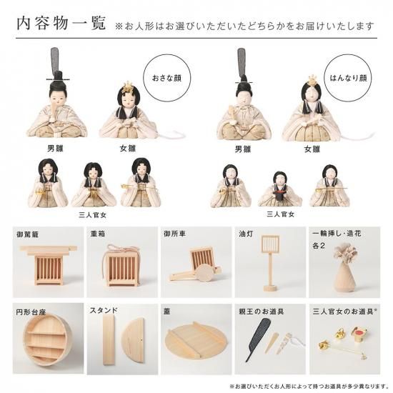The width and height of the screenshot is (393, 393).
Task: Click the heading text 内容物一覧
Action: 61,24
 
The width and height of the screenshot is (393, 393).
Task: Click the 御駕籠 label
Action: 28,234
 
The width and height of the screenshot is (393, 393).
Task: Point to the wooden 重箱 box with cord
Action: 121,266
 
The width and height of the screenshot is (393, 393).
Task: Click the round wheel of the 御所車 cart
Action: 204,273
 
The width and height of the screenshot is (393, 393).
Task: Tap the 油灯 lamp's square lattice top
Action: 270,244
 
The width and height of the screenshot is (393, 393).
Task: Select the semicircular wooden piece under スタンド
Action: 134,340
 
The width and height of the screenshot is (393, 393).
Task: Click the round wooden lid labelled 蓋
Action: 196,342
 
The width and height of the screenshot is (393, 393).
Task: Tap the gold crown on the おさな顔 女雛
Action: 127,87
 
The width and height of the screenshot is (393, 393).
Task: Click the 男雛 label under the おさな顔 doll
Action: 56,149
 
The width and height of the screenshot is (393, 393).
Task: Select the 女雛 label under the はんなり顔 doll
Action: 312,149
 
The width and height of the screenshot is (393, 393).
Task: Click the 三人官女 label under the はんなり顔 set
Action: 281,214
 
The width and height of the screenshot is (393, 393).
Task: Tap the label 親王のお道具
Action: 261,312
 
